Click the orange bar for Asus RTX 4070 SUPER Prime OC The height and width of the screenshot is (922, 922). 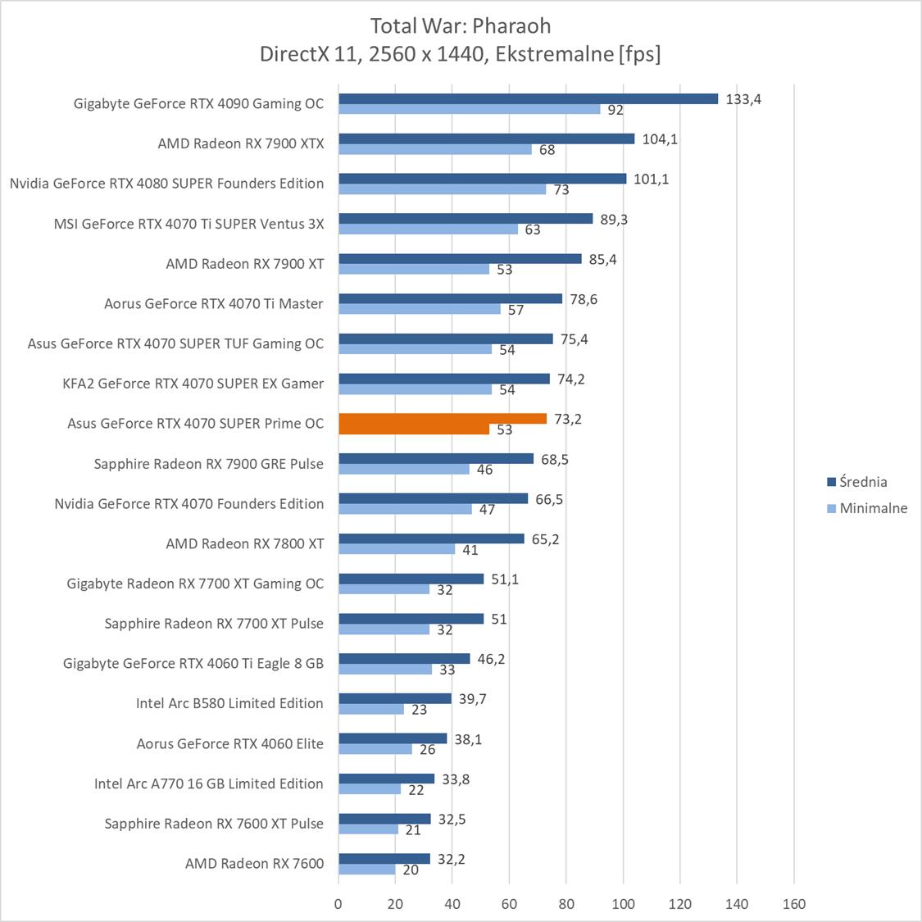443,419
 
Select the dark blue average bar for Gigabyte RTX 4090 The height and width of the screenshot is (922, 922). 528,98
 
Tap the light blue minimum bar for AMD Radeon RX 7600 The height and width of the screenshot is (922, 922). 366,870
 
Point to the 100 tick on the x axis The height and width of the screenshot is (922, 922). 623,904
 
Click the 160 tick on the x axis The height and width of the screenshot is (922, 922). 793,904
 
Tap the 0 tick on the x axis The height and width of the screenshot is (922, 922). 338,904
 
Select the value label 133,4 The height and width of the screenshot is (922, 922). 743,99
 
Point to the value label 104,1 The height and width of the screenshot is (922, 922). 660,139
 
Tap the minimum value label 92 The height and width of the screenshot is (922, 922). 615,110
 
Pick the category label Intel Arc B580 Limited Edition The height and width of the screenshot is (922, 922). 229,703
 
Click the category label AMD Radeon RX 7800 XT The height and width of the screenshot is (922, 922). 244,543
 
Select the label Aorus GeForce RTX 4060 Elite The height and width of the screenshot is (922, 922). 229,743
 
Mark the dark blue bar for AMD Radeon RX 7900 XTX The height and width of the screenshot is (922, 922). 486,139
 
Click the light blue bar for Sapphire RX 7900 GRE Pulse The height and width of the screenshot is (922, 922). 404,470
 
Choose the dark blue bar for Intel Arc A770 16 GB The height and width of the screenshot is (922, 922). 386,779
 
